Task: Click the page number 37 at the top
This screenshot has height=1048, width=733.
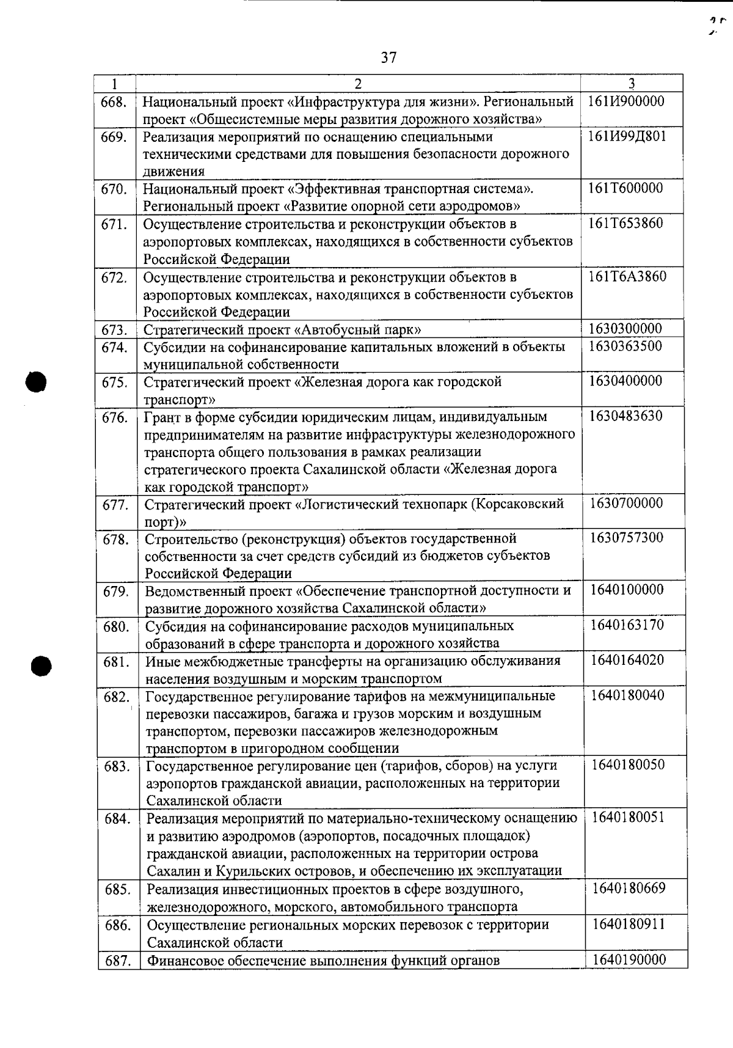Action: click(388, 57)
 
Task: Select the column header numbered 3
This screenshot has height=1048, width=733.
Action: click(632, 83)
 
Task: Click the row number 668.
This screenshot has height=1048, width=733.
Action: click(114, 102)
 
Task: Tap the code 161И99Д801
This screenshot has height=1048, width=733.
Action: click(627, 136)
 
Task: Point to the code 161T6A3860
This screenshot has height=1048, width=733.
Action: click(627, 276)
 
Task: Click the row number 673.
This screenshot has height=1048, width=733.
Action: click(114, 331)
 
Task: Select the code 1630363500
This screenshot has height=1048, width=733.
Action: click(626, 346)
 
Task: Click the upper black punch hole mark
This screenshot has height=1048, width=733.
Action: click(36, 382)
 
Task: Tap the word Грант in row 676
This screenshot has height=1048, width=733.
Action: click(162, 417)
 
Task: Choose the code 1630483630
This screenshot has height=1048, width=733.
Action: click(627, 416)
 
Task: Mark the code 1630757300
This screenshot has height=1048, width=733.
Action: click(627, 538)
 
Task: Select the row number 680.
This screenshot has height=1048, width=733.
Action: click(116, 627)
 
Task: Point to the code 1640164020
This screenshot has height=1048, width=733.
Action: click(628, 660)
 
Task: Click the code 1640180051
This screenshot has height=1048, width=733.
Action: click(629, 817)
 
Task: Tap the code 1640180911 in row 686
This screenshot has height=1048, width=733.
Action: click(629, 923)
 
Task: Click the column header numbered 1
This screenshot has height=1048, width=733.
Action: click(114, 83)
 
